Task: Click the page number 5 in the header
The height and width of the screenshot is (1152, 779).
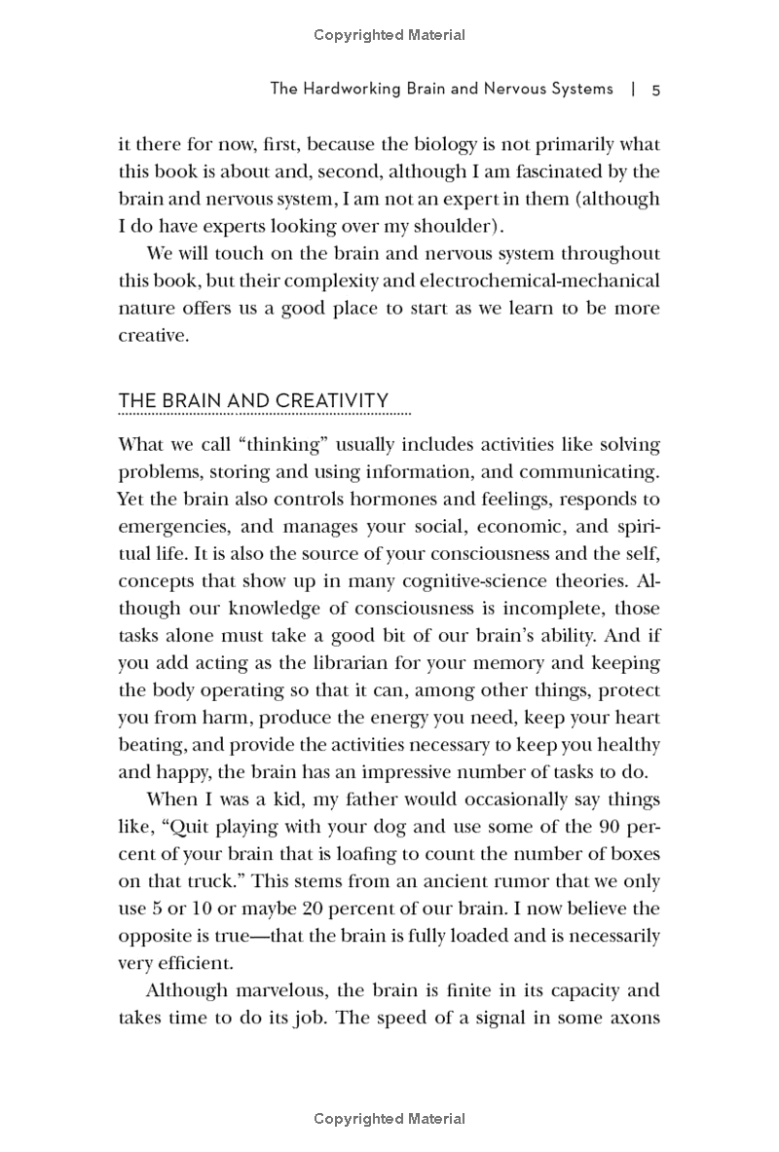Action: click(x=656, y=90)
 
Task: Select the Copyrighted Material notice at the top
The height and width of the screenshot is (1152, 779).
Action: click(x=389, y=35)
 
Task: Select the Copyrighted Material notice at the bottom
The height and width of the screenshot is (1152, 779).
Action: click(x=389, y=1119)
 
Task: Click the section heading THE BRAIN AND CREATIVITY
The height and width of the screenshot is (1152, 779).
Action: click(x=253, y=401)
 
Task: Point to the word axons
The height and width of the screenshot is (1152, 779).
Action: click(x=633, y=1019)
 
